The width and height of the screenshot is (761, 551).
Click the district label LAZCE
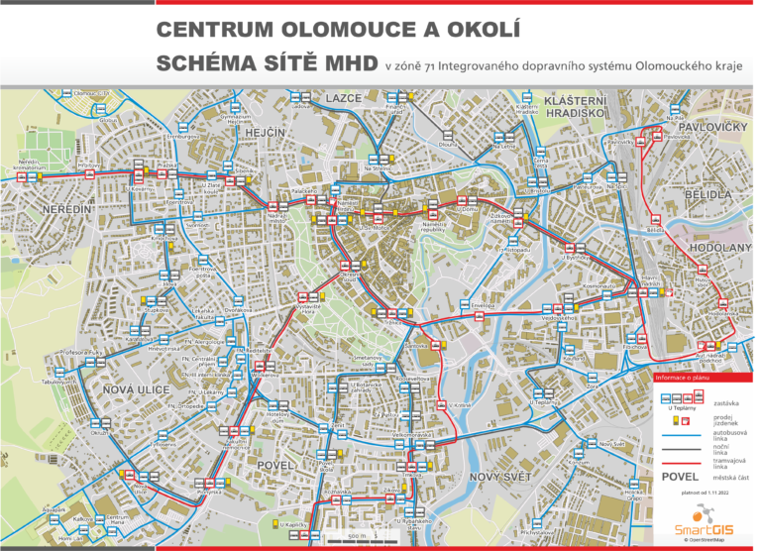(x=344, y=99)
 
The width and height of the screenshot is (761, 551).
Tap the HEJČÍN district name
(x=265, y=133)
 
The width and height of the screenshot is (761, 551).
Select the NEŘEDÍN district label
(x=66, y=210)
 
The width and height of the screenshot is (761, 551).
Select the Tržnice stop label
(x=393, y=323)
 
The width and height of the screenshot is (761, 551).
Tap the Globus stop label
(x=107, y=121)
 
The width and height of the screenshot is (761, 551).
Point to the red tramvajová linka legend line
(x=680, y=464)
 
